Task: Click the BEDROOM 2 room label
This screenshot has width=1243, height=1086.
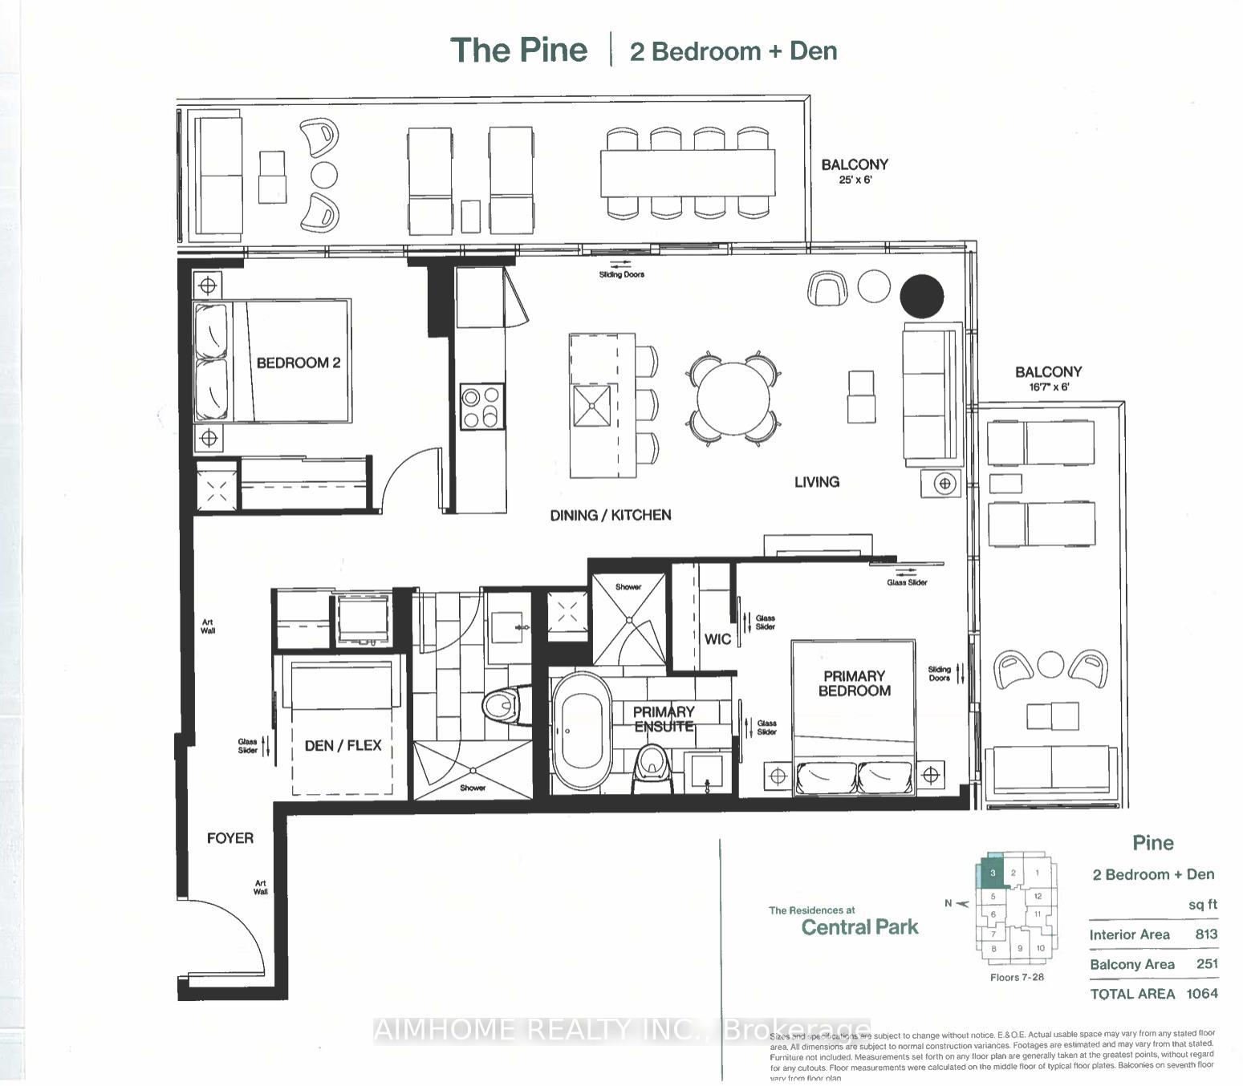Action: click(x=298, y=363)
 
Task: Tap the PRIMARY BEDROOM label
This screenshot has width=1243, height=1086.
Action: click(x=854, y=683)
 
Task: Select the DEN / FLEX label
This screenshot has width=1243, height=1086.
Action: click(x=343, y=745)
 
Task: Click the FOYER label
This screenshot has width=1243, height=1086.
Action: click(x=230, y=838)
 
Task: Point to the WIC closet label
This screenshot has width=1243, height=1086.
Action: click(x=717, y=639)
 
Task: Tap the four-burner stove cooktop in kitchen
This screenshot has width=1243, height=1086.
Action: click(x=481, y=407)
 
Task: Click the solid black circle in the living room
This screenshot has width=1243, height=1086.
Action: click(x=921, y=296)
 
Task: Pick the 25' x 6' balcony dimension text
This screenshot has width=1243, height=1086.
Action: click(x=855, y=180)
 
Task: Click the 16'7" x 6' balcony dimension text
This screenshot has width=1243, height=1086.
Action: click(x=1048, y=387)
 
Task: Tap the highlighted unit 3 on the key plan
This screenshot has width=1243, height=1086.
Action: click(x=993, y=873)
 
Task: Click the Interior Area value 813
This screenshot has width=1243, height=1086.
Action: click(x=1205, y=934)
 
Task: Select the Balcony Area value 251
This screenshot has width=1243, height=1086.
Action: click(x=1206, y=964)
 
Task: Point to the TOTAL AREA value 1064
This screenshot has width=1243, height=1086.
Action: click(x=1201, y=994)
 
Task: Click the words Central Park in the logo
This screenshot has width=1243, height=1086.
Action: click(x=859, y=928)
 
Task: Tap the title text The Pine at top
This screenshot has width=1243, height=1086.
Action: click(x=518, y=50)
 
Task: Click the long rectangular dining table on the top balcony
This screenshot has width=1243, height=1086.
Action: click(x=688, y=172)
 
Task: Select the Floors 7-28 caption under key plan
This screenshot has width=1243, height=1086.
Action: click(x=1017, y=977)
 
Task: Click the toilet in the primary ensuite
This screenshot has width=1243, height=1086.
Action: click(x=653, y=764)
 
